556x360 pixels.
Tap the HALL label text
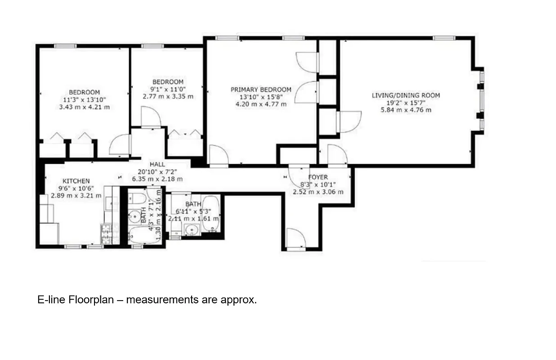pos(157,165)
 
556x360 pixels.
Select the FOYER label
pos(318,177)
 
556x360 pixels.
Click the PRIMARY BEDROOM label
pos(261,90)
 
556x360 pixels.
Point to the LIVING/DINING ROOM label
pos(405,95)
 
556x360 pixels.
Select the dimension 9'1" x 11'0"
pos(168,89)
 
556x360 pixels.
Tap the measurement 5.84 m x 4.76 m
pos(405,110)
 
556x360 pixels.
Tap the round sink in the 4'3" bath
pos(134,216)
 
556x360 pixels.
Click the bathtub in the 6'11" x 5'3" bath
pos(210,214)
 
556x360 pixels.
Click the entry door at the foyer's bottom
pos(295,238)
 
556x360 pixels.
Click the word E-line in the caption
pos(51,300)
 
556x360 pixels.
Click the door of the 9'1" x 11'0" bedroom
pos(151,118)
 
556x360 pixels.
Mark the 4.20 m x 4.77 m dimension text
pos(261,104)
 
